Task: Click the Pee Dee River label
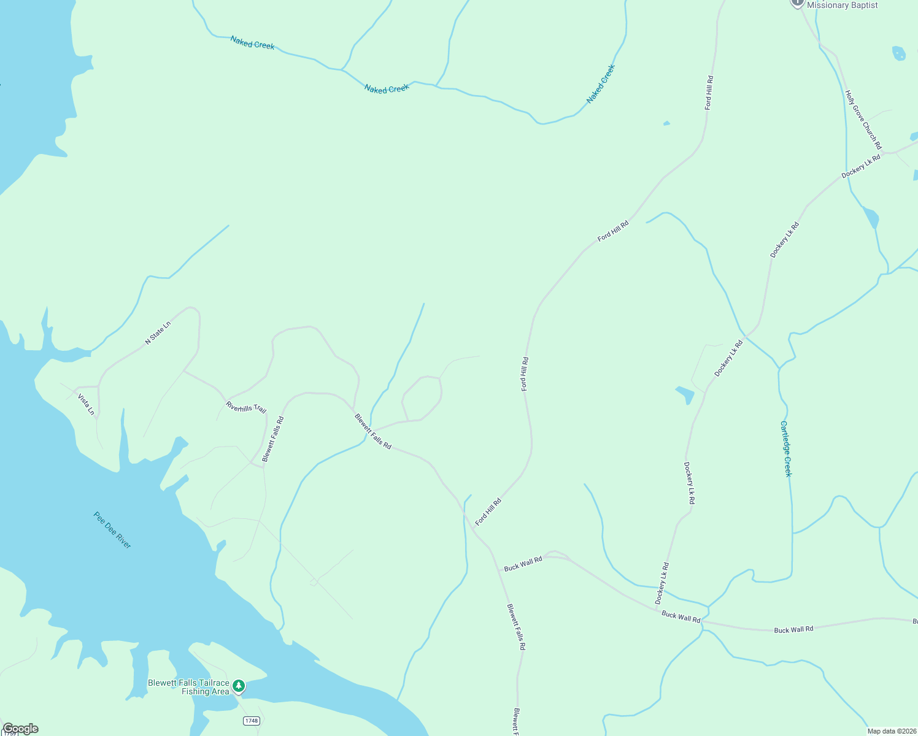[112, 530]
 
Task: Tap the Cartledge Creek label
[786, 448]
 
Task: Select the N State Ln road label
[158, 332]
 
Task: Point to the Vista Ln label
[87, 404]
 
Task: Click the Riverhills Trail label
[246, 407]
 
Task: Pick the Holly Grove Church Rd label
[863, 120]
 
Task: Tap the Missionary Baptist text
[842, 6]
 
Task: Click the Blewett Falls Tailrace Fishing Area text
[188, 687]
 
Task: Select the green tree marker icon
[239, 686]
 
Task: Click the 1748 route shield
[251, 721]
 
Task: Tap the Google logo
[20, 729]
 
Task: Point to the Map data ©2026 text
[891, 731]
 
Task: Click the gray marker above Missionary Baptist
[797, 2]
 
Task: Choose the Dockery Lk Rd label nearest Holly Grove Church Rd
[861, 166]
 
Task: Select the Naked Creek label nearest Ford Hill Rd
[600, 84]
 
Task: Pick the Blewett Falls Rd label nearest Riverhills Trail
[273, 439]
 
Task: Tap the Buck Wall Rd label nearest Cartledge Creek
[793, 630]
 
